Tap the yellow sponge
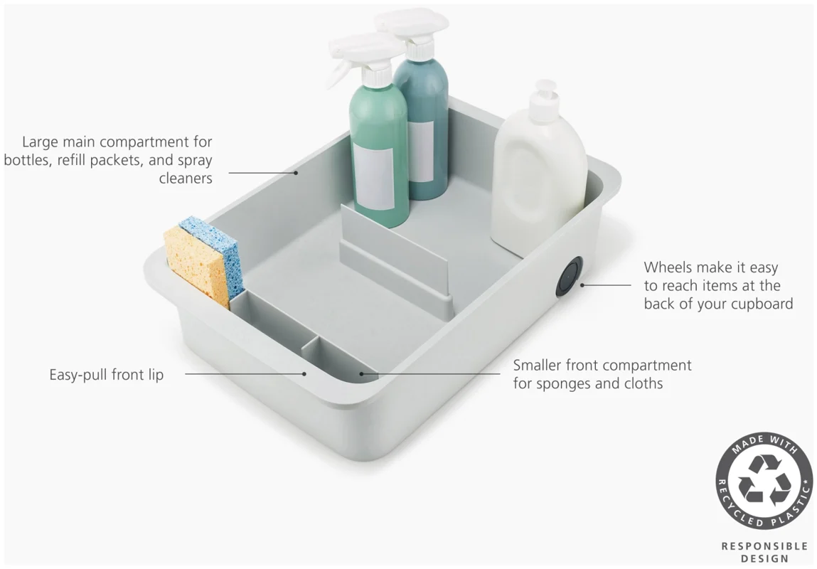[196, 267]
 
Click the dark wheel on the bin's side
[569, 277]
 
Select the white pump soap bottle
[539, 173]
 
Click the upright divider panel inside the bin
[395, 255]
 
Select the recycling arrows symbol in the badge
[764, 480]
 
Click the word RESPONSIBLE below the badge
[764, 546]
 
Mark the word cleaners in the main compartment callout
[186, 179]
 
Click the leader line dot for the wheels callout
[582, 285]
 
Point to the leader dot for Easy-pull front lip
[304, 373]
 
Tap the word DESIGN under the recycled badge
[764, 559]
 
